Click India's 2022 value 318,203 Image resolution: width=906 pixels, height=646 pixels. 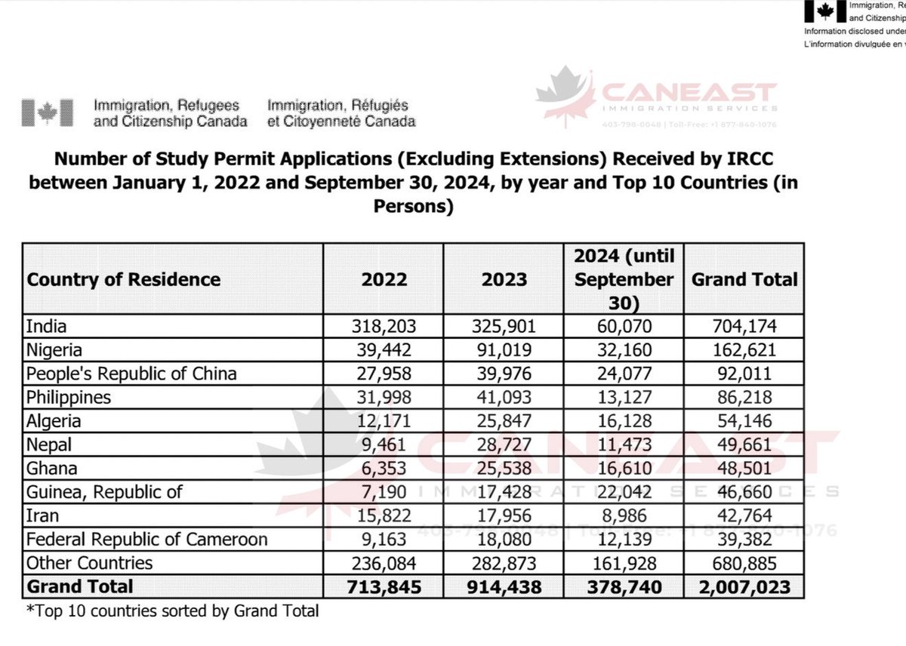click(x=384, y=327)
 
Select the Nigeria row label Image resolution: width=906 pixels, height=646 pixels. click(x=54, y=350)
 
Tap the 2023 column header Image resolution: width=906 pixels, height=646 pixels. click(x=505, y=279)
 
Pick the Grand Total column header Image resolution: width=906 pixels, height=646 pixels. click(x=744, y=279)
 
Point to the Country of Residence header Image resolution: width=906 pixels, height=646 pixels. click(x=124, y=279)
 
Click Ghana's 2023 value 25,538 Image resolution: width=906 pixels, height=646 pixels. click(x=505, y=469)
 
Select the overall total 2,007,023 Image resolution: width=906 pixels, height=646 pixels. click(x=744, y=586)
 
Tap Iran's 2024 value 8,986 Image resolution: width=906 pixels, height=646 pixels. click(x=624, y=515)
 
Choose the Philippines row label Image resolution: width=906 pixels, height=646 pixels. click(x=69, y=398)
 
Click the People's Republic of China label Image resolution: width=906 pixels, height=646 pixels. click(x=131, y=374)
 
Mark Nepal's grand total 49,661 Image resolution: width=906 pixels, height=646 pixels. click(x=744, y=445)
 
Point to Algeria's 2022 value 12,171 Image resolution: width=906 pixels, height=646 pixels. click(x=384, y=421)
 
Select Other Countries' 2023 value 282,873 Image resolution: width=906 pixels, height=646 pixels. click(x=505, y=563)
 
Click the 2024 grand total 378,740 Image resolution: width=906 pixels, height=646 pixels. click(x=624, y=586)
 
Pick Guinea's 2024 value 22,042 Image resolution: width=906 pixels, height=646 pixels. click(x=624, y=492)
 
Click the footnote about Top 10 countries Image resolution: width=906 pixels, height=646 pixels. click(x=172, y=611)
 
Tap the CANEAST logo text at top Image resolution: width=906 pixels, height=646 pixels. click(x=687, y=94)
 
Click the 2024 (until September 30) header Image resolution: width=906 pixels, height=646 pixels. click(x=624, y=279)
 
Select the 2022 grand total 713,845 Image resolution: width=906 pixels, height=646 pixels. click(x=384, y=586)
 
